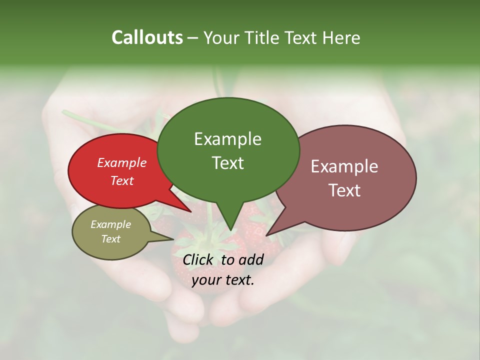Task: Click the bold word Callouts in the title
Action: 147,37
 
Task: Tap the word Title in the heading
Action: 263,37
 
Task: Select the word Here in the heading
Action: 340,37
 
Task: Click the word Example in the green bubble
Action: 227,139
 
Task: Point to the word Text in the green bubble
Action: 227,162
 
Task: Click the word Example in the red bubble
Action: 122,162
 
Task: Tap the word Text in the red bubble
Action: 122,180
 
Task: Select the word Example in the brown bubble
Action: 344,166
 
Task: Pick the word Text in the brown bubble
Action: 344,190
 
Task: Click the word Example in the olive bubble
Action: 110,224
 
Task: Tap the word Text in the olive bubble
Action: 110,239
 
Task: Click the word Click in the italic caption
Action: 198,259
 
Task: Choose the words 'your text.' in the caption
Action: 223,280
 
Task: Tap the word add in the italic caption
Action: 250,259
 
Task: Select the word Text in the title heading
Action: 302,37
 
